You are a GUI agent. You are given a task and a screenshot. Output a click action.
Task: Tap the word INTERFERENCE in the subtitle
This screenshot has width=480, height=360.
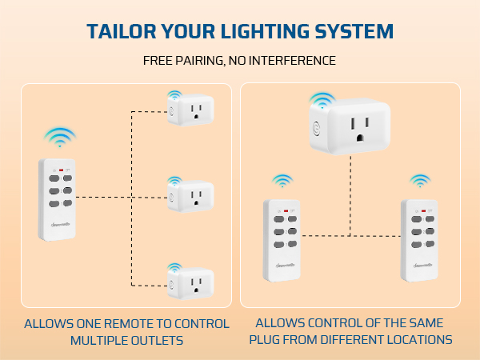[294, 61]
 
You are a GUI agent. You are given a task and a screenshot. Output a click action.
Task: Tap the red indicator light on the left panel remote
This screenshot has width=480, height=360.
[60, 170]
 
